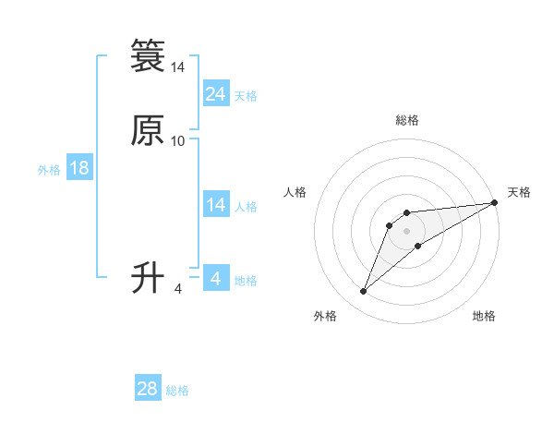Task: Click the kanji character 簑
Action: coord(148,56)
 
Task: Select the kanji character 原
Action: coord(148,131)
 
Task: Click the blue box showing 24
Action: coord(216,93)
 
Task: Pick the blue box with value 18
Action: coord(79,168)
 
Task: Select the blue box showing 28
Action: coord(148,389)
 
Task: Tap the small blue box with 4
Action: coord(216,278)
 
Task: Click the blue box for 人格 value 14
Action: coord(216,205)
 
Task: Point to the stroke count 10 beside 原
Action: coord(178,140)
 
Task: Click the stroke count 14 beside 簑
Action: coord(178,67)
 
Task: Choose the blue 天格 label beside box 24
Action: coord(246,96)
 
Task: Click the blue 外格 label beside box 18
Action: coord(49,170)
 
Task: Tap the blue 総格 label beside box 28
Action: coord(177,391)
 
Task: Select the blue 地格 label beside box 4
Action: coord(246,281)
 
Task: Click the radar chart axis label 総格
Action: coord(406,121)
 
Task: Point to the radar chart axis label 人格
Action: coord(295,192)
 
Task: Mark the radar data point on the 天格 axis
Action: coord(495,203)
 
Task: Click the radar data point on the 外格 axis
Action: coord(364,292)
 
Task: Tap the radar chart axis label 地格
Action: coord(484,317)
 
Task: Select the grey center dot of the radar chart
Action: coord(406,230)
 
